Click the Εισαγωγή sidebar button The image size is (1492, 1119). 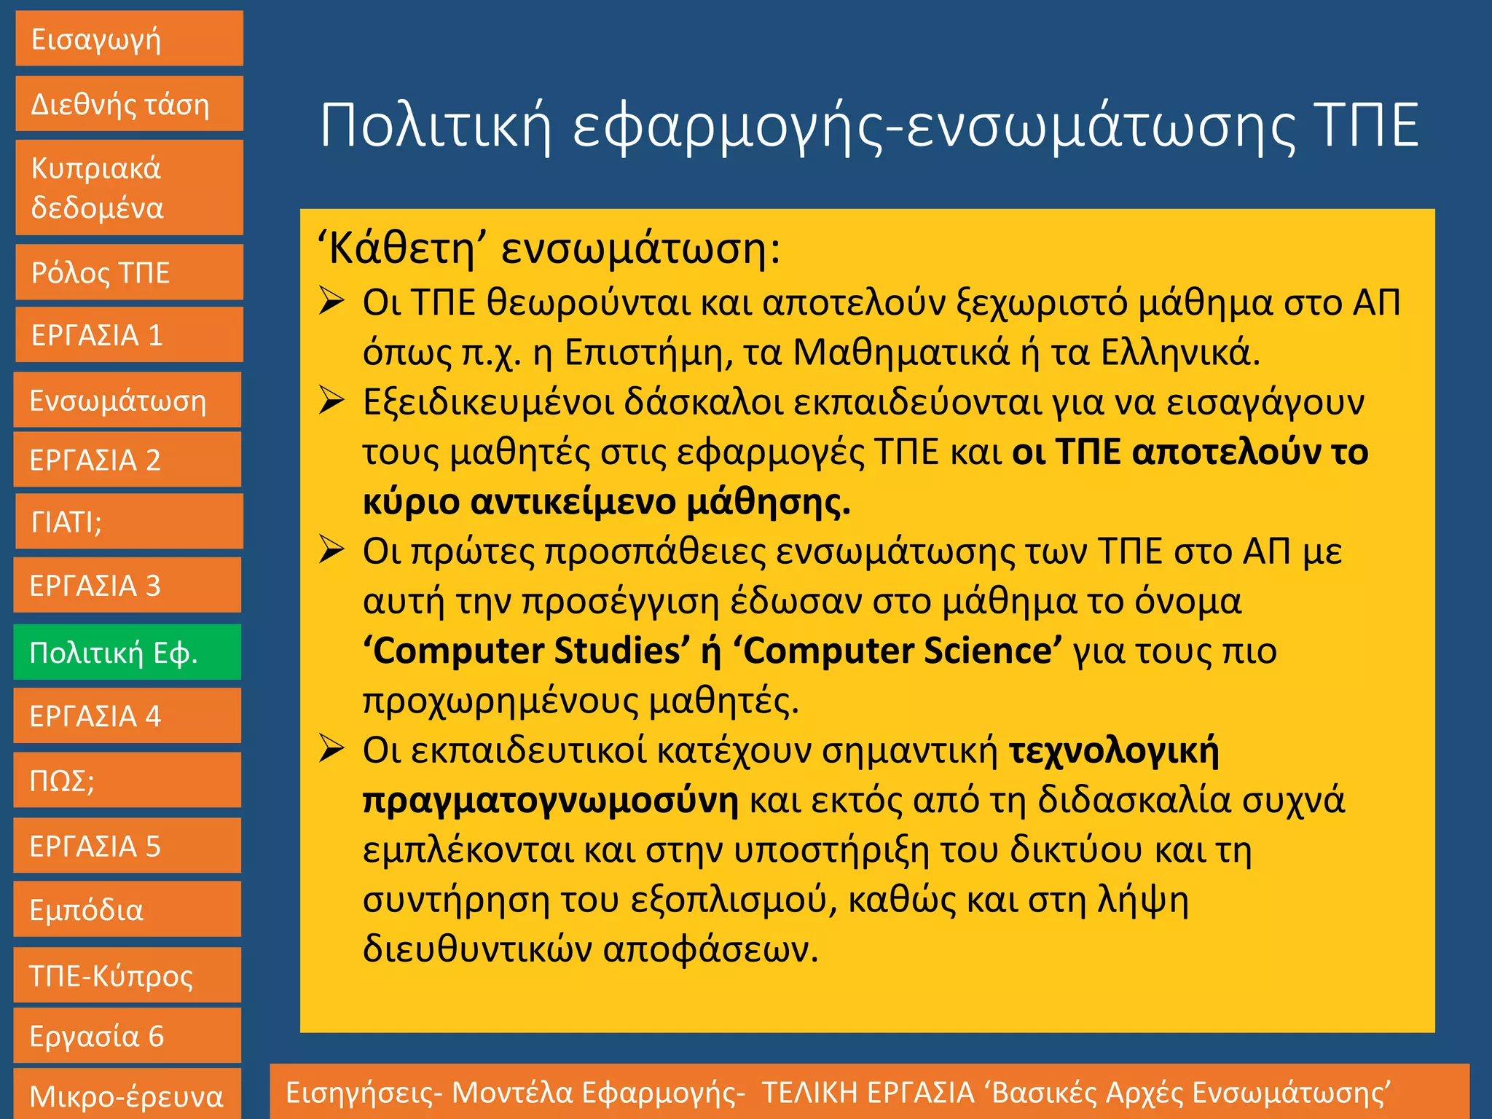click(129, 39)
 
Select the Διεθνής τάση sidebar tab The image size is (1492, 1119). click(129, 104)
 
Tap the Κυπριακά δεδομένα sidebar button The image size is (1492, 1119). click(129, 188)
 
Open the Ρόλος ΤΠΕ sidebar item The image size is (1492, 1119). click(129, 272)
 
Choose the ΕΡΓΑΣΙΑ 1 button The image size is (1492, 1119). click(129, 335)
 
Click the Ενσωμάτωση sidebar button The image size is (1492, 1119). click(127, 401)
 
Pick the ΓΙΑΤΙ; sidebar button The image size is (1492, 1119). click(129, 522)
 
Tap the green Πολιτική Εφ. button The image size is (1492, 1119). click(127, 653)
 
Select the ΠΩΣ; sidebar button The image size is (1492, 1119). click(127, 780)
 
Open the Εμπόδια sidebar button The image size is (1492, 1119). click(127, 910)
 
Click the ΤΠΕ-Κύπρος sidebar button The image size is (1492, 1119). click(127, 975)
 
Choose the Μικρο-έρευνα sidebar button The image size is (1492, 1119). click(127, 1095)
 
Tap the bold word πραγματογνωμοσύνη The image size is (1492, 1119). click(550, 801)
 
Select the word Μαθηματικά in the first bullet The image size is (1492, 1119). click(901, 353)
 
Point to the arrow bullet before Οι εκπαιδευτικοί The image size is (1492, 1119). click(331, 750)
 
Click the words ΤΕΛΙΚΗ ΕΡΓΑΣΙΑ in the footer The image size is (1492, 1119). click(868, 1093)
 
